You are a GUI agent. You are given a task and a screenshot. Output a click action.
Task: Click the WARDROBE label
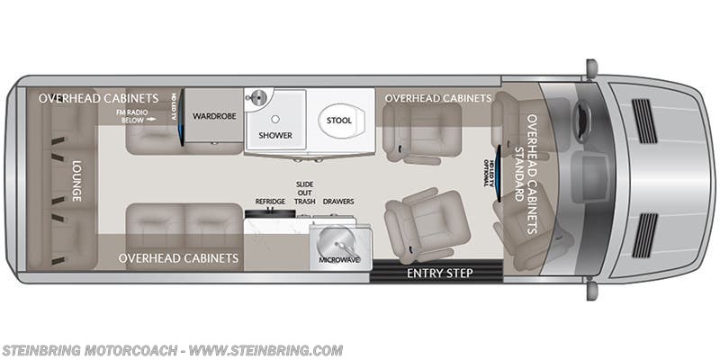pyautogui.click(x=213, y=115)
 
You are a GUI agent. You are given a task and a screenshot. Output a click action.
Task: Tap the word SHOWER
pyautogui.click(x=275, y=135)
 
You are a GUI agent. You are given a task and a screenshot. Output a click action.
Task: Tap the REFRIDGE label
pyautogui.click(x=270, y=202)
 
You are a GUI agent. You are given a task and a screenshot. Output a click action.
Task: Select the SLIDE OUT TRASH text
pyautogui.click(x=305, y=193)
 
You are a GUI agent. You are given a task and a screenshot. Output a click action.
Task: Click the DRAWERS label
pyautogui.click(x=338, y=202)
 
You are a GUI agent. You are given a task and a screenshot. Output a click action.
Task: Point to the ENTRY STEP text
pyautogui.click(x=440, y=272)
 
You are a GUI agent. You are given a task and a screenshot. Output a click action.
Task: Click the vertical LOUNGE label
pyautogui.click(x=76, y=181)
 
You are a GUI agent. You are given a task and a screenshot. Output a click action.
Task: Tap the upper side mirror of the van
pyautogui.click(x=591, y=68)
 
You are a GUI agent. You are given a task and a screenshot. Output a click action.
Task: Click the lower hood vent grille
pyautogui.click(x=644, y=234)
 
